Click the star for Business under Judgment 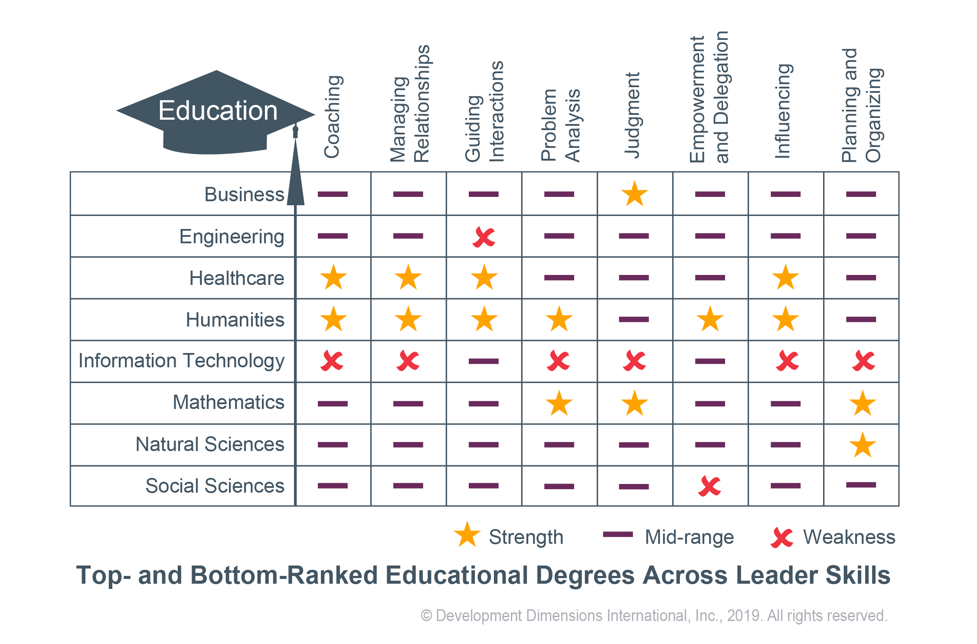point(634,194)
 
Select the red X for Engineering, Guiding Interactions point(484,237)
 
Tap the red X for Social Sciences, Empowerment point(709,486)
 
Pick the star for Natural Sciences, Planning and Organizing point(863,445)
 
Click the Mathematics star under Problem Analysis point(559,403)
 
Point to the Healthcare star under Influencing point(785,278)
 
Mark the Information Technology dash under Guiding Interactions point(484,361)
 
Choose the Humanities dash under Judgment point(634,320)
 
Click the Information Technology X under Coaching point(332,361)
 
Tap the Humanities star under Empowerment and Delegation point(710,320)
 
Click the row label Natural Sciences point(210,444)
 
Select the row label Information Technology point(181,361)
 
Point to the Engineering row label point(232,237)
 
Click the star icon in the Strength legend point(467,535)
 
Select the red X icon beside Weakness point(782,538)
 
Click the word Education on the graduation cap point(218,111)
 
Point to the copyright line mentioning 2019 point(654,616)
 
